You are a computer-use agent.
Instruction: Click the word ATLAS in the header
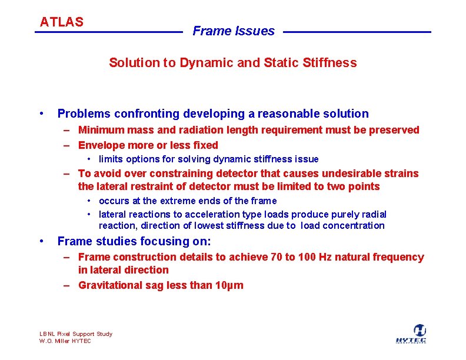click(61, 22)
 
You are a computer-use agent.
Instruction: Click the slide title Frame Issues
click(234, 31)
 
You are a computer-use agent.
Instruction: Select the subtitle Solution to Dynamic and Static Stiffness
click(232, 63)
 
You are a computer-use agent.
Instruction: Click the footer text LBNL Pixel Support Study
click(75, 334)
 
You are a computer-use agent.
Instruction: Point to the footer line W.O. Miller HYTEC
click(65, 341)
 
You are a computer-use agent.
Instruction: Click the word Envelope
click(101, 145)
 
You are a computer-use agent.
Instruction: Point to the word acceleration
click(205, 215)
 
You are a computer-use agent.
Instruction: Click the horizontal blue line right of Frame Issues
click(357, 32)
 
